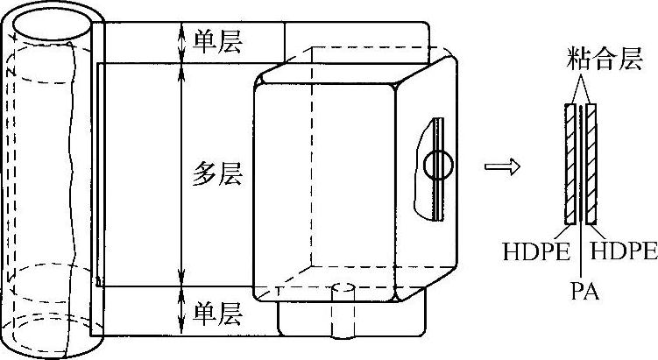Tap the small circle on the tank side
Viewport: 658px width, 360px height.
(435, 164)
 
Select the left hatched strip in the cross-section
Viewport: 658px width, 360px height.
(571, 163)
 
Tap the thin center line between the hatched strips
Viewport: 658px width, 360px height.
(582, 163)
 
